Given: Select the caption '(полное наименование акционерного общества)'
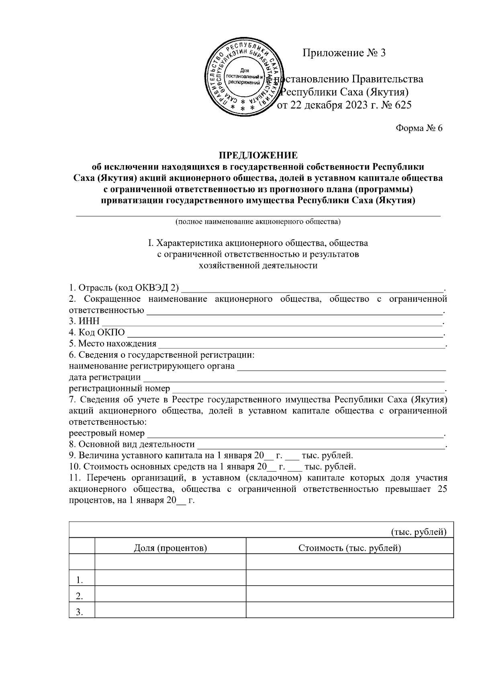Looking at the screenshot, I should [x=258, y=221].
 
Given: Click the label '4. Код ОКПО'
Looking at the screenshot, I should [x=97, y=333].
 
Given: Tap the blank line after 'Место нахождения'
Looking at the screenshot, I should [x=301, y=344].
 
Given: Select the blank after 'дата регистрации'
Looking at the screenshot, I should [x=293, y=378].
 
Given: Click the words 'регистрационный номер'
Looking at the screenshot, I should [x=119, y=389].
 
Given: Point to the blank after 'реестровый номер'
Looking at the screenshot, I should [x=295, y=434].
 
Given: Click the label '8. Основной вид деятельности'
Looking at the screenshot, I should [x=132, y=444].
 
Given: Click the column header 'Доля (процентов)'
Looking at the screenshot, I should [x=170, y=548].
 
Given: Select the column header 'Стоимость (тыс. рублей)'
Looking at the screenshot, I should [x=349, y=548].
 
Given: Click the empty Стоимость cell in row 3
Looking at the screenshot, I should [x=349, y=611].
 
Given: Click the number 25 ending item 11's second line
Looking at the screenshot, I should [x=441, y=489].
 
